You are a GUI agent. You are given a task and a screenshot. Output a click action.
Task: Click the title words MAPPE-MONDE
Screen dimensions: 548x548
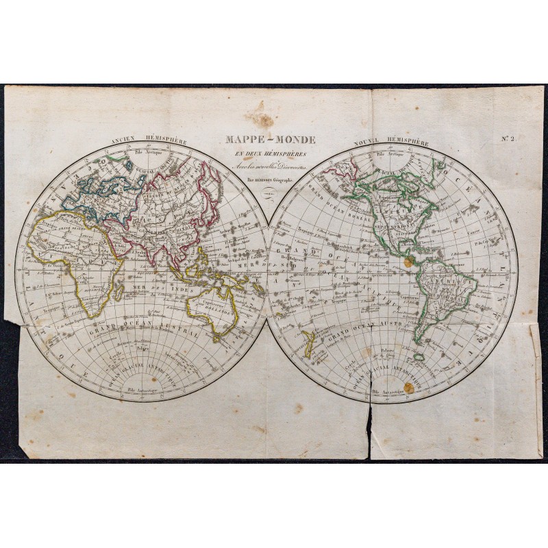point(271,140)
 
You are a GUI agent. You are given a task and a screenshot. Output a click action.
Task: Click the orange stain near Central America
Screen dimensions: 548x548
point(408,262)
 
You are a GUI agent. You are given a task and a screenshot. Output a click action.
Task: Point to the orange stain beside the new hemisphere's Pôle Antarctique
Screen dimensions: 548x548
point(409,388)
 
